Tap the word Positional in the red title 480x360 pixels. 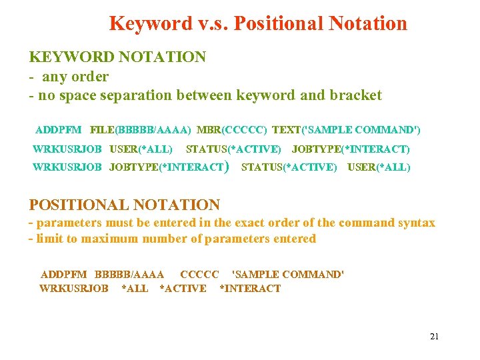tap(281, 24)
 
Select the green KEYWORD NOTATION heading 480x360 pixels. tap(117, 57)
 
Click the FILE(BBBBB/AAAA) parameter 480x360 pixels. tap(140, 129)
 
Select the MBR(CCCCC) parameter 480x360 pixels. tap(232, 129)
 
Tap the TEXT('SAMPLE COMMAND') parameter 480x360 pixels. tap(346, 129)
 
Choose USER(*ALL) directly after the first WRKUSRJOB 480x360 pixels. tap(141, 149)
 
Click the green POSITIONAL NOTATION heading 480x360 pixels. tap(125, 205)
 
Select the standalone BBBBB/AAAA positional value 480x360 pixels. tap(129, 274)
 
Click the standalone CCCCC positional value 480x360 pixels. tap(199, 274)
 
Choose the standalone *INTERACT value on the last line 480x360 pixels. tap(250, 289)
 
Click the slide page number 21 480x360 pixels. tap(435, 336)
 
